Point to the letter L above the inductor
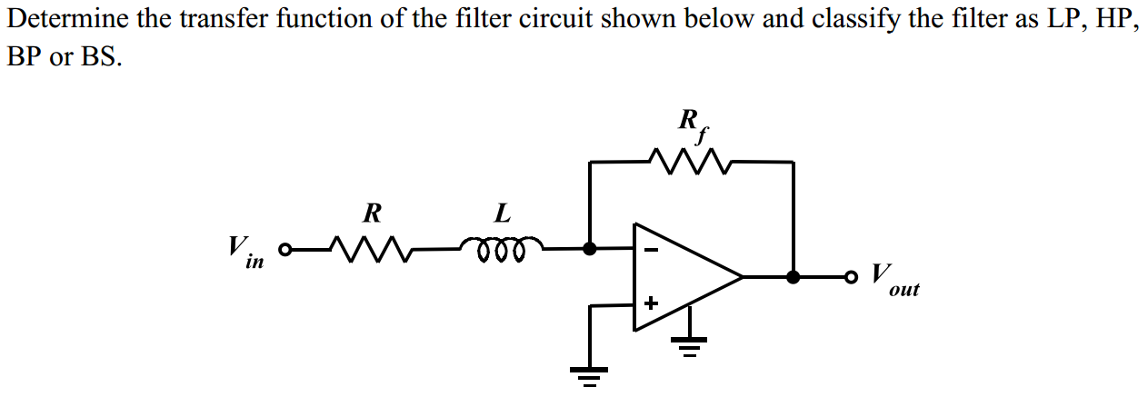(502, 213)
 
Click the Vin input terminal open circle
(285, 248)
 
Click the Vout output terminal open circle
(851, 276)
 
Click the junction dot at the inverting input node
(590, 247)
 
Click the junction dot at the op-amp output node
(794, 276)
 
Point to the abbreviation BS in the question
(101, 57)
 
